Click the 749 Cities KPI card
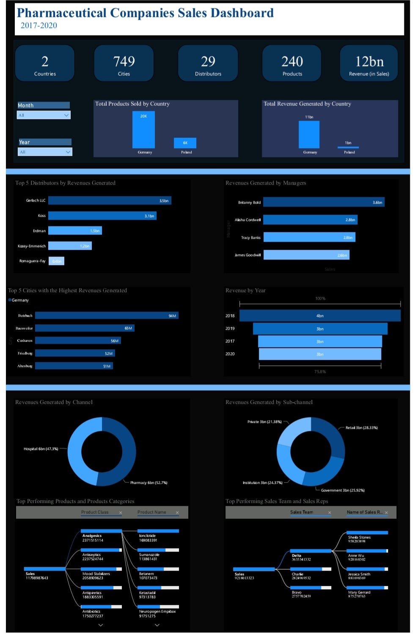click(124, 63)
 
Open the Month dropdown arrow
click(66, 115)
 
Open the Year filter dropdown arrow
click(68, 152)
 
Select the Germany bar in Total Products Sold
click(143, 130)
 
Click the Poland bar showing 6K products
click(185, 143)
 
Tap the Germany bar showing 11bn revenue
click(309, 134)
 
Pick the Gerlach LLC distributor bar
click(110, 201)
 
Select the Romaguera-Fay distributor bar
click(56, 261)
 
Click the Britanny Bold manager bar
click(324, 202)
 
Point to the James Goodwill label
click(247, 255)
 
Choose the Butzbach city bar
click(107, 315)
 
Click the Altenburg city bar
click(74, 366)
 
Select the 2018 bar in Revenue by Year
click(320, 315)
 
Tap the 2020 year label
click(230, 354)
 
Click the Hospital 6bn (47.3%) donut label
click(41, 449)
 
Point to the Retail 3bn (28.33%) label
click(361, 428)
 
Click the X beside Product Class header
click(121, 513)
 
